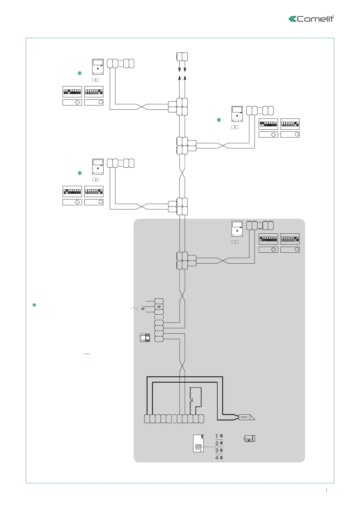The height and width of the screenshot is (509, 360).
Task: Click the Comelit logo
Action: click(x=311, y=19)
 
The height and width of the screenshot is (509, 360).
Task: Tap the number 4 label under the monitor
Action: click(x=96, y=80)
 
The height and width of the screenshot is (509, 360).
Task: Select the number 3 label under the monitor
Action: click(x=235, y=127)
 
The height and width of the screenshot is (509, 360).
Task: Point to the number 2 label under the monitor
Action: click(x=96, y=180)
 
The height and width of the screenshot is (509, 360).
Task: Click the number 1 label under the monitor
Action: click(x=235, y=242)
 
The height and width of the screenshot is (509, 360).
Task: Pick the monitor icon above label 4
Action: click(x=98, y=67)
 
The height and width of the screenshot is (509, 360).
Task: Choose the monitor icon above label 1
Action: click(x=237, y=229)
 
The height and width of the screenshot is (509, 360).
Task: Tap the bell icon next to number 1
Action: click(x=222, y=436)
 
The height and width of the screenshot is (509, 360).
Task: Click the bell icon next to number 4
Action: click(x=222, y=458)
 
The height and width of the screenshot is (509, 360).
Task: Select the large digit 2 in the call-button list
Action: click(x=217, y=443)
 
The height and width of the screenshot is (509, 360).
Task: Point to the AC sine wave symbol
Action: click(x=134, y=308)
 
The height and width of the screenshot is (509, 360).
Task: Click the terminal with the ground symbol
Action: click(x=159, y=306)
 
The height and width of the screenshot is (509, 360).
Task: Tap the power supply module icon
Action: click(x=145, y=338)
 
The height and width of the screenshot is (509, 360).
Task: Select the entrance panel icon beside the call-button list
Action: click(x=198, y=443)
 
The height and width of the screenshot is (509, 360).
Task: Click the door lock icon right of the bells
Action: click(x=249, y=438)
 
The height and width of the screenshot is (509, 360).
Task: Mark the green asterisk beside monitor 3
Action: click(x=219, y=120)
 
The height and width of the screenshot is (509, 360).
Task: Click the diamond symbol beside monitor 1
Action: click(x=273, y=250)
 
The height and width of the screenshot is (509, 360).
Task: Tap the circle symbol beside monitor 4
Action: click(x=101, y=102)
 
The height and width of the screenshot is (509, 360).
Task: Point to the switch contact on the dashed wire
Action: click(x=192, y=401)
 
